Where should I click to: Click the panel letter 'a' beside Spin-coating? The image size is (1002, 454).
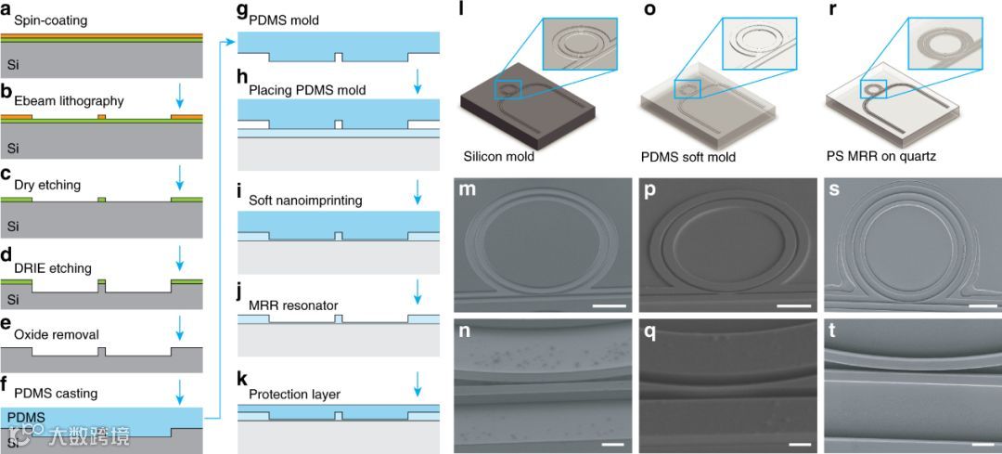[x=6, y=7]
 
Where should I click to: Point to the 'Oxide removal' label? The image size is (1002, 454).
[x=56, y=334]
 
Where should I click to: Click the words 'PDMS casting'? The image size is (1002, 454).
[x=56, y=394]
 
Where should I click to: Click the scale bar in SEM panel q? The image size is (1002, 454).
[x=799, y=445]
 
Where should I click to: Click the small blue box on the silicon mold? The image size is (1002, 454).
[x=508, y=89]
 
